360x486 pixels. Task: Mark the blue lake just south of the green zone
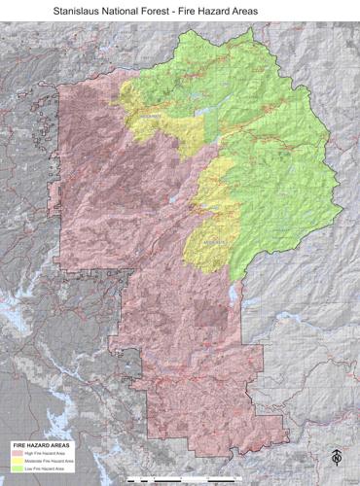233,293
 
